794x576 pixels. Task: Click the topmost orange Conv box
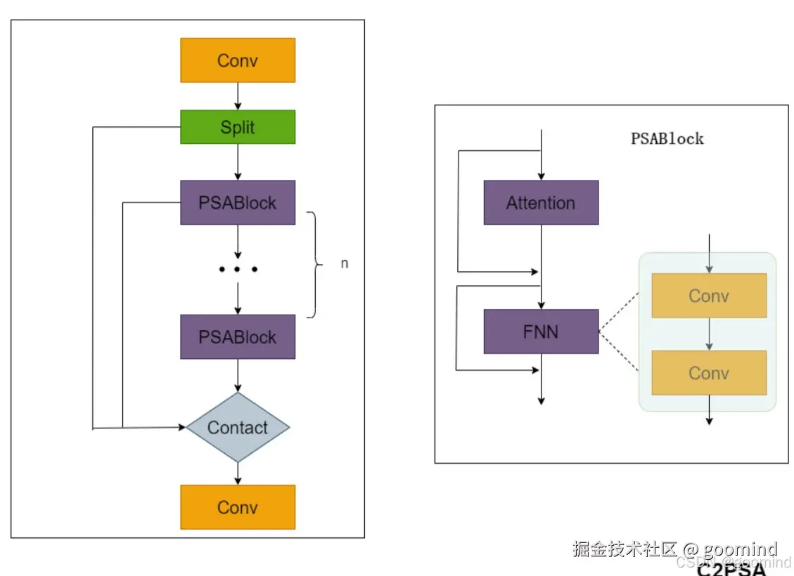tap(238, 60)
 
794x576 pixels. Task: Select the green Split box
tap(238, 127)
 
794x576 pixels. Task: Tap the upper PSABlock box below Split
tap(238, 203)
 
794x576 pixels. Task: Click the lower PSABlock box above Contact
tap(238, 337)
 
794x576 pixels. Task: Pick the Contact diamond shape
tap(238, 427)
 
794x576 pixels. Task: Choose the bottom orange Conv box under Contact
tap(238, 507)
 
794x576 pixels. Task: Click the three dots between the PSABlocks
tap(238, 269)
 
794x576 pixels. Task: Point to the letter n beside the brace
tap(345, 264)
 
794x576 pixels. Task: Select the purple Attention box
tap(541, 203)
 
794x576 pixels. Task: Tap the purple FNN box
tap(541, 332)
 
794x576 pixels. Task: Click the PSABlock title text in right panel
tap(667, 138)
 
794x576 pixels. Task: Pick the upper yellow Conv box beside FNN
tap(709, 296)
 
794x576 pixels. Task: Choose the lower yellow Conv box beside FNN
tap(709, 372)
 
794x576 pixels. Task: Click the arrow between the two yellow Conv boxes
tap(709, 334)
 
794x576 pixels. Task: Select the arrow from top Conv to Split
tap(238, 96)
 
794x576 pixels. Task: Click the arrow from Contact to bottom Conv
tap(238, 473)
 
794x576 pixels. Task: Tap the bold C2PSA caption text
tap(731, 570)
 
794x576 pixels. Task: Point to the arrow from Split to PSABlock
tap(238, 162)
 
